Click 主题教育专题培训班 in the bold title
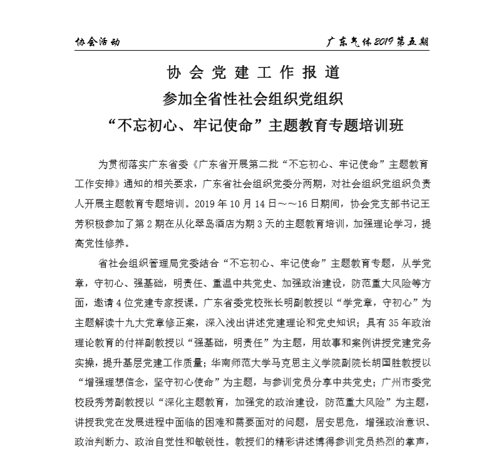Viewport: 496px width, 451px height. point(337,125)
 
